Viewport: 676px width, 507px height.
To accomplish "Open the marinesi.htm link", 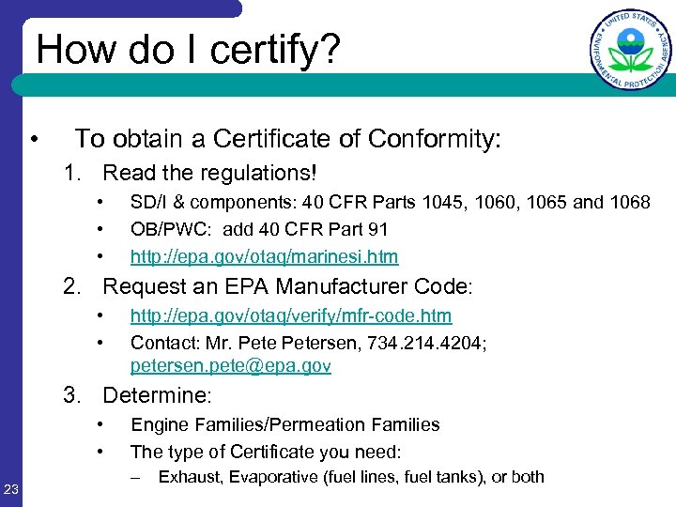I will (x=264, y=256).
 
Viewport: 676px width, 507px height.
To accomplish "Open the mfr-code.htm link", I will (x=291, y=315).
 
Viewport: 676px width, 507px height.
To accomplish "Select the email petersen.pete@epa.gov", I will (x=231, y=366).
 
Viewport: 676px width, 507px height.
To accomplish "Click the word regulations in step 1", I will (x=252, y=173).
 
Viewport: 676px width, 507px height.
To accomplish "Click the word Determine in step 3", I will (x=157, y=396).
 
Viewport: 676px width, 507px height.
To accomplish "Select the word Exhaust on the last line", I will (x=185, y=477).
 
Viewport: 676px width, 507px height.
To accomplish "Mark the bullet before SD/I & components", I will (x=98, y=202).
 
